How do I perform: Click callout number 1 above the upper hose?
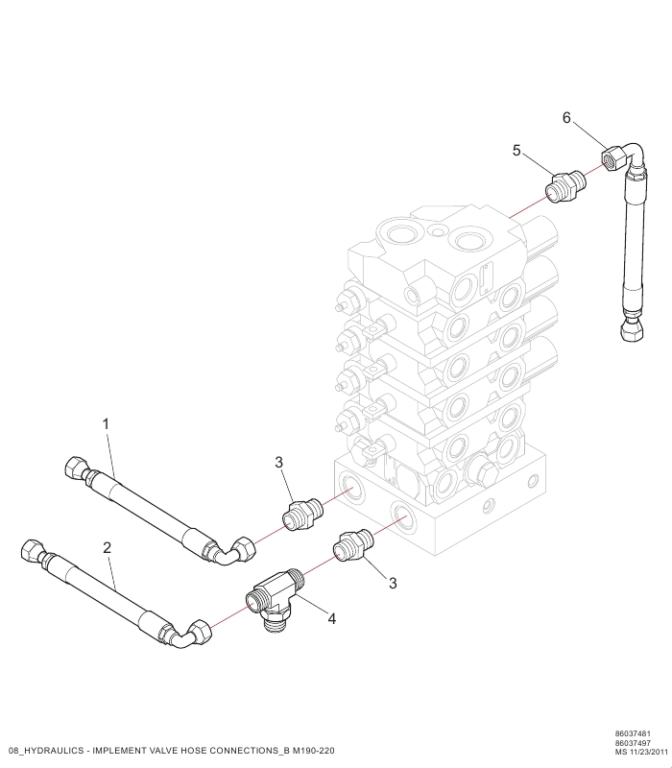coord(106,424)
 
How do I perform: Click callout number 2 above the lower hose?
coord(108,547)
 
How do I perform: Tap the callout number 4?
coord(331,619)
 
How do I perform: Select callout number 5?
coord(516,151)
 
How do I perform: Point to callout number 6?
coord(566,117)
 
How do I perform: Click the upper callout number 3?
coord(278,462)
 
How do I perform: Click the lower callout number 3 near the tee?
coord(393,583)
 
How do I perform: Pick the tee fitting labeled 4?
coord(276,598)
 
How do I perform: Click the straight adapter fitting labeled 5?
coord(565,186)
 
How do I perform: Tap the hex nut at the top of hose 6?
coord(612,159)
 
